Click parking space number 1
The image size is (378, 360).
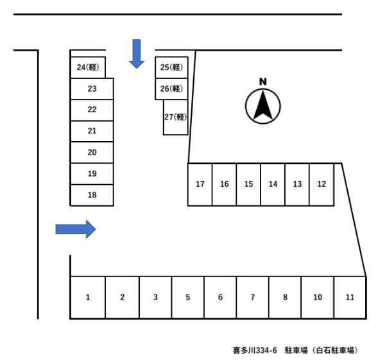click(88, 297)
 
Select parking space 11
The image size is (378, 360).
click(350, 297)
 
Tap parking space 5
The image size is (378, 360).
click(188, 297)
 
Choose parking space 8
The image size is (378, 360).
click(285, 297)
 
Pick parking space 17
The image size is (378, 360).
click(200, 184)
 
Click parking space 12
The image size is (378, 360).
click(322, 184)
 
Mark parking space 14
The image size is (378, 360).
click(273, 184)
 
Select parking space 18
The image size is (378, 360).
click(92, 195)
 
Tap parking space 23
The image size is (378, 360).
click(92, 89)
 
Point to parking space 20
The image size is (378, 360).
click(92, 152)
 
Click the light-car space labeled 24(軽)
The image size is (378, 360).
click(88, 67)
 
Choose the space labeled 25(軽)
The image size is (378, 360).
click(171, 67)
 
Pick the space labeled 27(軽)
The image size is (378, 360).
click(175, 117)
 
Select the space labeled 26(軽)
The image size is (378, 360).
click(171, 89)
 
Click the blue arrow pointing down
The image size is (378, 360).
click(137, 54)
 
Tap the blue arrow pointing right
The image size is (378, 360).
click(76, 229)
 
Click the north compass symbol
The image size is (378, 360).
click(263, 107)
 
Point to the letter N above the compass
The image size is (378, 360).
click(262, 81)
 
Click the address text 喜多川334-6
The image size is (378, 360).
click(255, 350)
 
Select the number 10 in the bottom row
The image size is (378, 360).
click(318, 297)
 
